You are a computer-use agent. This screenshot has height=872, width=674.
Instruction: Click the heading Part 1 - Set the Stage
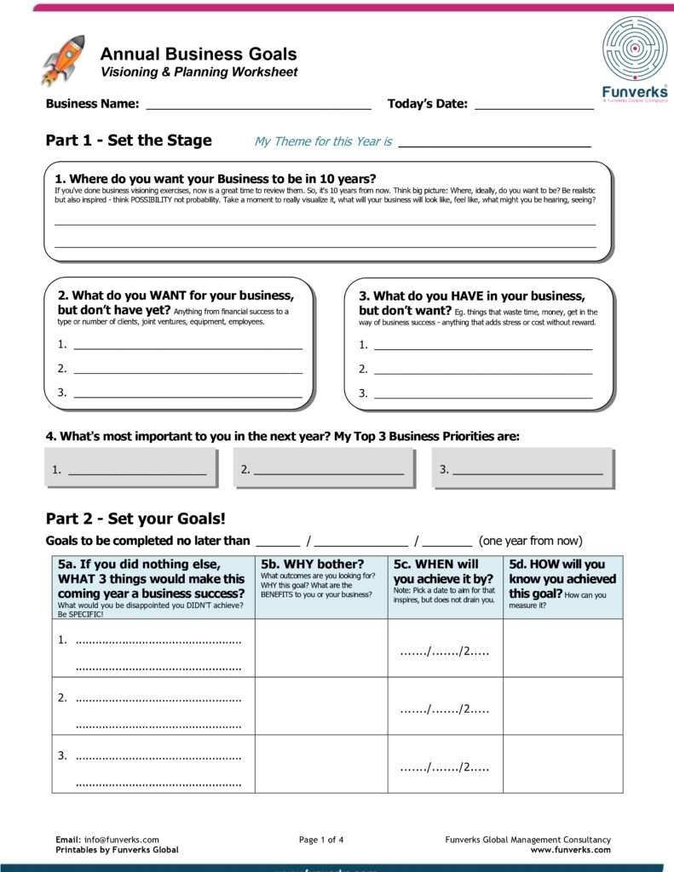click(129, 141)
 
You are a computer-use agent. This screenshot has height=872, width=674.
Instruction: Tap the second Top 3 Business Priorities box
click(324, 468)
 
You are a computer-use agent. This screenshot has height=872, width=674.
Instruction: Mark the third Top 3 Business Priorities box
click(522, 468)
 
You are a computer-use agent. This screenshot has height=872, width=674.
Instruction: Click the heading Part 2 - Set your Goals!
click(135, 518)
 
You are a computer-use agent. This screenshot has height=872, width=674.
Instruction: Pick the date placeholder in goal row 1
click(445, 652)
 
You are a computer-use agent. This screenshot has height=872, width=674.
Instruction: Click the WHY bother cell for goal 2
click(320, 706)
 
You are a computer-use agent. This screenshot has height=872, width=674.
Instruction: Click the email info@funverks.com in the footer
click(122, 840)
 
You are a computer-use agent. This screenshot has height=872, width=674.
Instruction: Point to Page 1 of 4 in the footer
click(321, 840)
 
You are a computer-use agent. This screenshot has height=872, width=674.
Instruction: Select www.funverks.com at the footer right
click(570, 850)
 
